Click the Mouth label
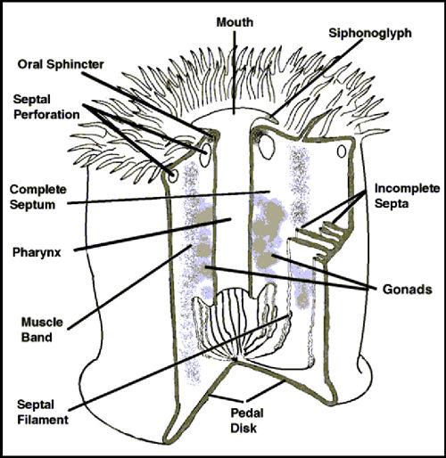point(235,22)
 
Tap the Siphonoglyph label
point(370,34)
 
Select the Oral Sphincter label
point(61,64)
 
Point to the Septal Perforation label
point(46,107)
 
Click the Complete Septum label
point(37,197)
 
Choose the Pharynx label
point(37,252)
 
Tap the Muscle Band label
point(42,330)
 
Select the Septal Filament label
point(43,413)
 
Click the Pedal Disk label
point(247,421)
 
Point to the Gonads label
point(407,290)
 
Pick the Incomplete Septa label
point(407,196)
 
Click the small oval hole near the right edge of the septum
point(342,151)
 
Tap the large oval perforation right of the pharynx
point(266,146)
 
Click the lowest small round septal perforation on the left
point(172,176)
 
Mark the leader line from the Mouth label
point(235,73)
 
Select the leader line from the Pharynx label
point(153,234)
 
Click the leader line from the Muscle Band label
point(129,287)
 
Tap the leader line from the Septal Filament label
point(180,362)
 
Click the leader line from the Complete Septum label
point(169,198)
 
